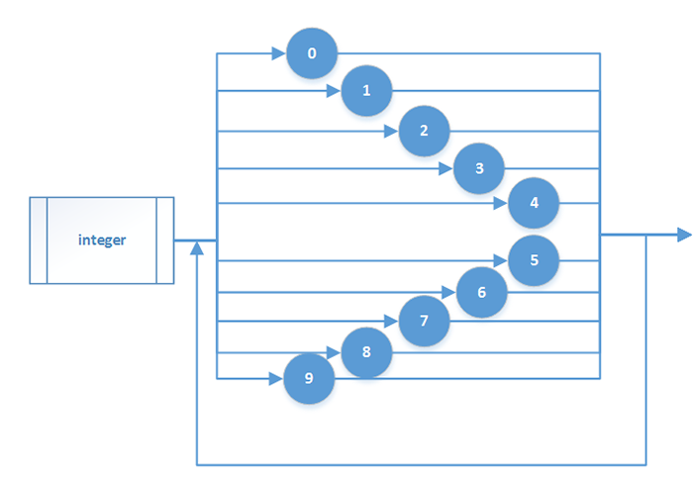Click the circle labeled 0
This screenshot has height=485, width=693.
[x=312, y=53]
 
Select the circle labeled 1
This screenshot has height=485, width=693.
[x=367, y=91]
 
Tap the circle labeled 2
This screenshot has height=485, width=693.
[x=424, y=131]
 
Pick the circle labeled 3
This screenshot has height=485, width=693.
[x=479, y=168]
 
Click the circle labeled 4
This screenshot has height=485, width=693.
[x=535, y=204]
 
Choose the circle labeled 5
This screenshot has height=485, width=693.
[x=535, y=260]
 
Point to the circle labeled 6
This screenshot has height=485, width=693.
[x=481, y=293]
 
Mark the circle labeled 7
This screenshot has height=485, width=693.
[x=424, y=322]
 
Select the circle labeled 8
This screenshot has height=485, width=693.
[x=366, y=353]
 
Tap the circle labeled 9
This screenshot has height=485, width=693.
[x=309, y=379]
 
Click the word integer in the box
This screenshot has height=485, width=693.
[x=102, y=241]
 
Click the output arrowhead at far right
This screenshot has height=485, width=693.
[x=683, y=236]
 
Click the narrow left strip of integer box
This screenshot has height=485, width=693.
[x=39, y=241]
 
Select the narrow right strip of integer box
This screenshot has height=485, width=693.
[x=165, y=241]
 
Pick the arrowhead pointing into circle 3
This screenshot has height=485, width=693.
[x=446, y=168]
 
